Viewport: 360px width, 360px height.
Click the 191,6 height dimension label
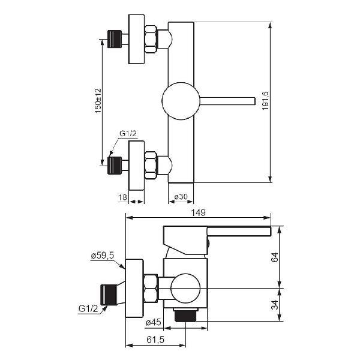tap(265, 101)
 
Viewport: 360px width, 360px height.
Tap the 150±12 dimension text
tap(98, 101)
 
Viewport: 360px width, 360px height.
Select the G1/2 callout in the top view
tap(128, 134)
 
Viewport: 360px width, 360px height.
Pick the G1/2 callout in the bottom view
tap(88, 308)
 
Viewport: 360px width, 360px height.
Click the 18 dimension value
tap(122, 197)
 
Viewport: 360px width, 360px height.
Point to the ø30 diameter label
tap(181, 197)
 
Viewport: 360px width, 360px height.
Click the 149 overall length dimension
tap(199, 212)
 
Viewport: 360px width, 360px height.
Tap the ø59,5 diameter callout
tap(103, 256)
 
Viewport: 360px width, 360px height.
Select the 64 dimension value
tap(275, 257)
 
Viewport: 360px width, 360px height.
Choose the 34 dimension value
tap(275, 305)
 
